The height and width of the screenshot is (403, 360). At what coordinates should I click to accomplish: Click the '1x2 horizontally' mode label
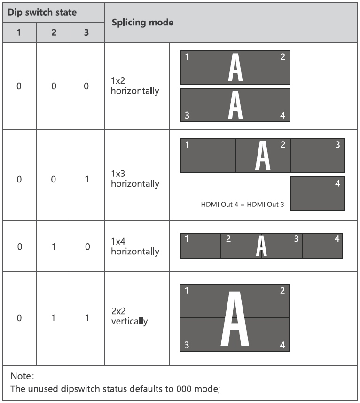135,86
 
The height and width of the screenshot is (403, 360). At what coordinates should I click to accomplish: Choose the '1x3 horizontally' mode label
135,179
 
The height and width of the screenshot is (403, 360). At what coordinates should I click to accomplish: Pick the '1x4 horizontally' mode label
135,246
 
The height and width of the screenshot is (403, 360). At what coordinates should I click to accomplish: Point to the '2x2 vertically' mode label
129,316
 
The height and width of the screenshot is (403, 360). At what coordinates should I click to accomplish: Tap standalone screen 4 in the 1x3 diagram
318,194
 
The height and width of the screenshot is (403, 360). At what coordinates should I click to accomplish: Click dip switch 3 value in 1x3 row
87,179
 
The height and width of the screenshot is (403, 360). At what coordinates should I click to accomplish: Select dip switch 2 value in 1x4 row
53,246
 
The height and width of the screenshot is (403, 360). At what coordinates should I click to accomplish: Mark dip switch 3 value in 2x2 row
87,318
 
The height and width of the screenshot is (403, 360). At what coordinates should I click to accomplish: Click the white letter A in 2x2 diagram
235,318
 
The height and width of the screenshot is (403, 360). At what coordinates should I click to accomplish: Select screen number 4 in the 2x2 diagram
282,345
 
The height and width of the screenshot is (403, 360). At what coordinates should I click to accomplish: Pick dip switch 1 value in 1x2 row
19,87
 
